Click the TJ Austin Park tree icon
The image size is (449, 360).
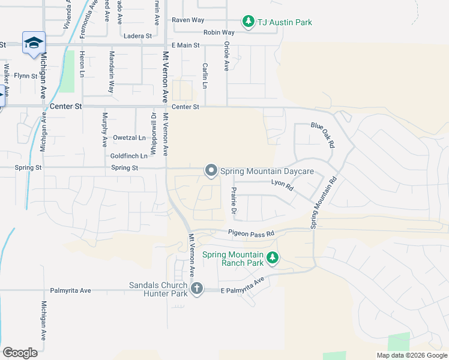(249, 22)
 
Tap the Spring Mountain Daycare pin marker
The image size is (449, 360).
(211, 171)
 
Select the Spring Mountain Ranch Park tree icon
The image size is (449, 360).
(273, 258)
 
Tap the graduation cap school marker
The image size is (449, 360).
(34, 43)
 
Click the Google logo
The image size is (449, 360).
(20, 352)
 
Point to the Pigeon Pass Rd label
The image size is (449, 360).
(250, 233)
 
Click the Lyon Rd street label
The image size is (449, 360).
(282, 185)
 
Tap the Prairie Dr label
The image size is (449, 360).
(234, 201)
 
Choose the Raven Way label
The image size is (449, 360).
(188, 20)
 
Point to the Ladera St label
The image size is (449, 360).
(137, 36)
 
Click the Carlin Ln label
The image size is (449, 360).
(205, 76)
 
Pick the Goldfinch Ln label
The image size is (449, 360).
(129, 156)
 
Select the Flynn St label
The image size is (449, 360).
(26, 76)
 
